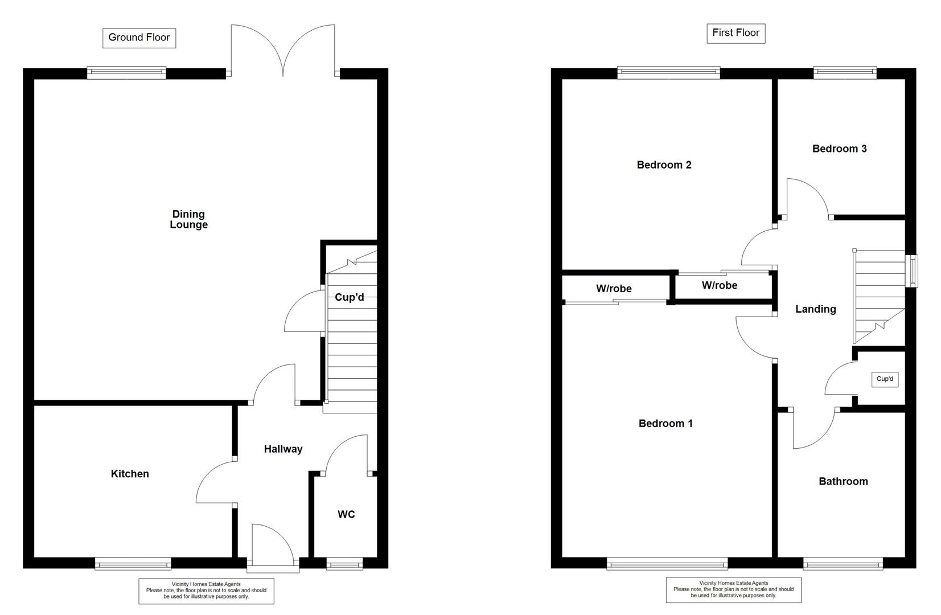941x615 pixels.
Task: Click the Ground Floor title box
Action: (x=139, y=38)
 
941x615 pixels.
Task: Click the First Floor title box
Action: (x=735, y=33)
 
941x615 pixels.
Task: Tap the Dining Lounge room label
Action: (x=188, y=219)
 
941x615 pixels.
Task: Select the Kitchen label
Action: (x=130, y=474)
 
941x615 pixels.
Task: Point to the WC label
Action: (x=346, y=515)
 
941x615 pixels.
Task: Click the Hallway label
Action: (x=283, y=449)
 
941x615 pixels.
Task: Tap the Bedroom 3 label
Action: (x=839, y=149)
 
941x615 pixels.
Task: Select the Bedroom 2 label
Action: (x=664, y=165)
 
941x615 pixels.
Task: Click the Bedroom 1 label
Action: (x=665, y=424)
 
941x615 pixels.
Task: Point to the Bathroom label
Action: (x=843, y=482)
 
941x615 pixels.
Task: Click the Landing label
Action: (x=815, y=309)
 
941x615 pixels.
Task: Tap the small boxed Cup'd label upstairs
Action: (x=885, y=379)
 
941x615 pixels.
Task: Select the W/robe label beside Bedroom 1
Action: (x=614, y=289)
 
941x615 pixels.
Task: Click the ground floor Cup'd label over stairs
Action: (x=349, y=298)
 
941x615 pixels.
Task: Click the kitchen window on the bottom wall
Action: (x=133, y=564)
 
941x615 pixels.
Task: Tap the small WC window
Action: (x=344, y=564)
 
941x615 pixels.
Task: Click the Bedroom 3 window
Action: (x=845, y=72)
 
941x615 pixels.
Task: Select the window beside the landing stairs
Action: (x=911, y=270)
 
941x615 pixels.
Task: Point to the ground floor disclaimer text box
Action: (x=206, y=591)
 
